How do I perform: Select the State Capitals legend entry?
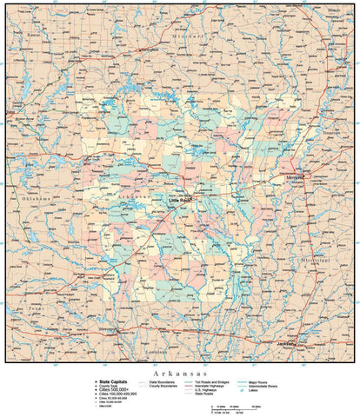pos(117,381)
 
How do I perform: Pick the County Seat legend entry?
pos(114,385)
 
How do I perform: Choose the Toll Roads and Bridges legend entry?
pos(214,381)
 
